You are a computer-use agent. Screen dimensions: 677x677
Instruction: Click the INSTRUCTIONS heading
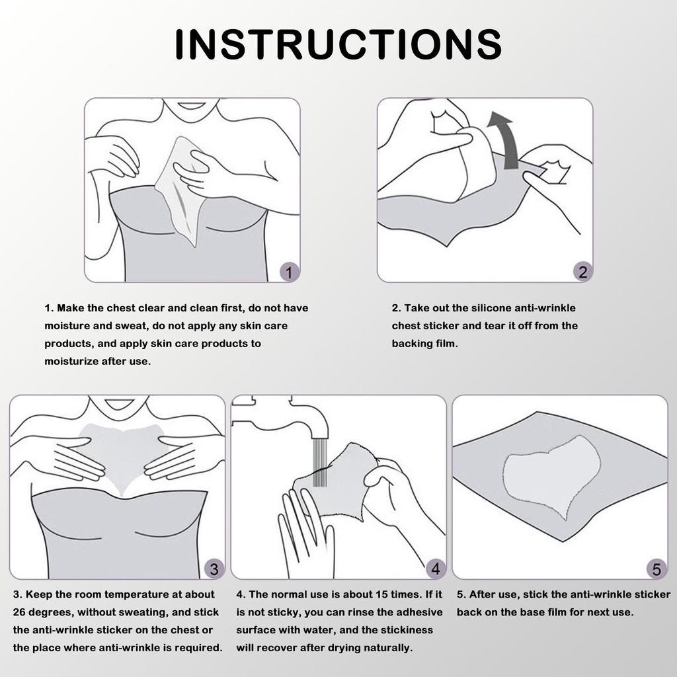pos(338,44)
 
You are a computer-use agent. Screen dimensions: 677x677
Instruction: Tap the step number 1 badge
pos(289,272)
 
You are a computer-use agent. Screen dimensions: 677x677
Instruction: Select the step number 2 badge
pos(583,272)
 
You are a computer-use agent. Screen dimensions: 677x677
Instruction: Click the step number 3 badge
pos(214,569)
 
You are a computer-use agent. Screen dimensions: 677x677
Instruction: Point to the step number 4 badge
pos(436,569)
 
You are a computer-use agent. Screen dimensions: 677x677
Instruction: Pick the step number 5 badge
pos(657,569)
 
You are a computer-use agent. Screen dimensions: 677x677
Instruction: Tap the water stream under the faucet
pos(320,462)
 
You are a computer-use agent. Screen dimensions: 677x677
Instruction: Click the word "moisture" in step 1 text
pos(65,326)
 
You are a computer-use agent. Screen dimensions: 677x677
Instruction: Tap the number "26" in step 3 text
pos(19,612)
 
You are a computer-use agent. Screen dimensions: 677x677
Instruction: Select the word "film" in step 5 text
pos(556,612)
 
